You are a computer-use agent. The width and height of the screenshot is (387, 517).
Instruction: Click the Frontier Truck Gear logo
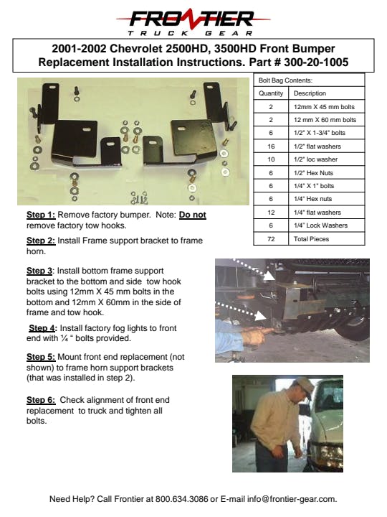(193, 22)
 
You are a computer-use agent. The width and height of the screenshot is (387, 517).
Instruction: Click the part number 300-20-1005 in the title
(316, 62)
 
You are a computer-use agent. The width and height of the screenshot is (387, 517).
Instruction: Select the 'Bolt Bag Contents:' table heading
(285, 80)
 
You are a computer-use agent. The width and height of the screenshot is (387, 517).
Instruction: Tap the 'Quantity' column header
(271, 93)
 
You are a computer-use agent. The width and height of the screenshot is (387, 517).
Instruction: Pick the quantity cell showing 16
(271, 146)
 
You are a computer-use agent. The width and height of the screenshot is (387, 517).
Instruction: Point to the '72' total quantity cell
(271, 239)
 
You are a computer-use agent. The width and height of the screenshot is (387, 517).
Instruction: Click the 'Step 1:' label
(41, 215)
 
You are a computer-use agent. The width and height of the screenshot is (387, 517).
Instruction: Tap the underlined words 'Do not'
(193, 215)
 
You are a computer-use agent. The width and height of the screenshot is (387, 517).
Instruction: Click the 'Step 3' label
(39, 271)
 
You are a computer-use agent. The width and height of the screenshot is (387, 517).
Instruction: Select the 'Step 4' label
(42, 328)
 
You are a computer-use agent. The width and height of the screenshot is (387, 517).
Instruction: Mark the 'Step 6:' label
(41, 400)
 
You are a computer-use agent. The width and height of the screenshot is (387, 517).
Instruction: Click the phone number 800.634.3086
(181, 499)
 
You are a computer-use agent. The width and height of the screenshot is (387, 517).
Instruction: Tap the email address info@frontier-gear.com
(292, 499)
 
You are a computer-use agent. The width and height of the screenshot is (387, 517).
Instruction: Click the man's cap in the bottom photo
(305, 384)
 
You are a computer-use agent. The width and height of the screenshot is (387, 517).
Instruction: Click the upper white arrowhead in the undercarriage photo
(269, 276)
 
